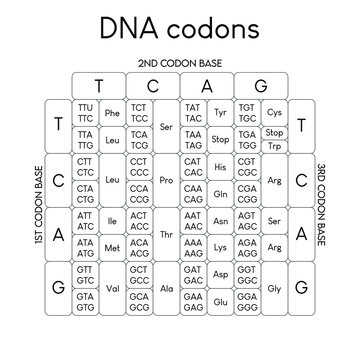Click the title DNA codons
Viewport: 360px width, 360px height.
tap(179, 27)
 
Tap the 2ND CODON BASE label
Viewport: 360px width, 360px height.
tap(180, 62)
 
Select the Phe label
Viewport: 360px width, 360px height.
tap(112, 113)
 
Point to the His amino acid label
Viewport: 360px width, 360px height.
tap(221, 166)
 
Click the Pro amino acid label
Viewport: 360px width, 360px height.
tap(167, 180)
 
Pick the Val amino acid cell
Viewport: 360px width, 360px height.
tap(112, 288)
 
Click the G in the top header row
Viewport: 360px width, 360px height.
tap(261, 85)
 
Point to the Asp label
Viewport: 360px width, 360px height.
tap(221, 274)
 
